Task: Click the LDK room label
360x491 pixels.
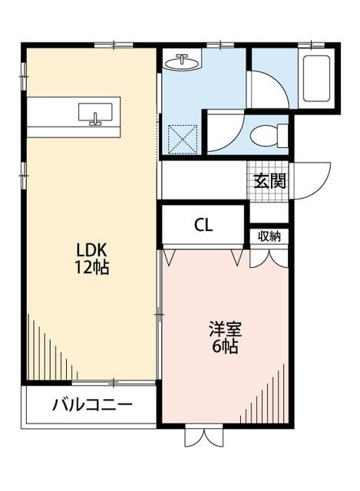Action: point(91,250)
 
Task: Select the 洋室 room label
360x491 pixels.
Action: point(226,330)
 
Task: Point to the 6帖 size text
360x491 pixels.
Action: point(226,347)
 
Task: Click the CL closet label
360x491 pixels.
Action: point(203,225)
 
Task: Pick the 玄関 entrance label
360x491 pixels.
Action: point(270,182)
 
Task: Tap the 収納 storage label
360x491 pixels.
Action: point(269,236)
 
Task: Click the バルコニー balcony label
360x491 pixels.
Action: point(92,405)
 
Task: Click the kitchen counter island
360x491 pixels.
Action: point(73,117)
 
